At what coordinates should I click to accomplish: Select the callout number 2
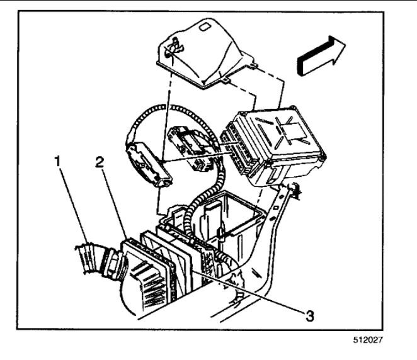click(x=100, y=161)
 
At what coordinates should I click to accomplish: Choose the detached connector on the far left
click(x=149, y=164)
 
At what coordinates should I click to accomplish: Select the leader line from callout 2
click(x=113, y=201)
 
